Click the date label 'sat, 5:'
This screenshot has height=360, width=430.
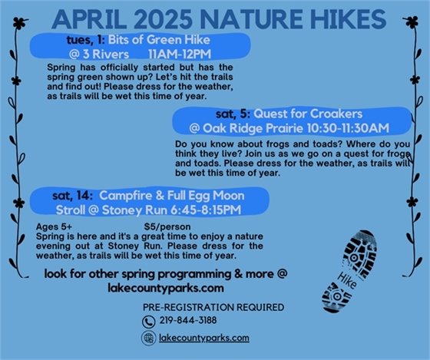point(217,112)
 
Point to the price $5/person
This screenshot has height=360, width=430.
point(176,227)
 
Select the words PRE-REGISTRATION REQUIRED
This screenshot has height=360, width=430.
point(213,307)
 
